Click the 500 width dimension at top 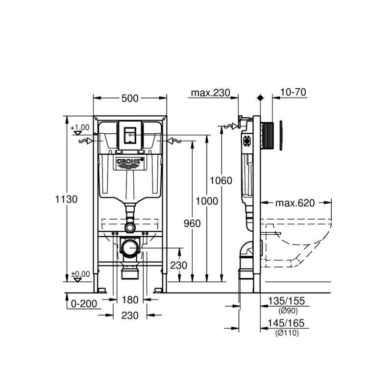tap(130, 98)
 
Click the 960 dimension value tap(192, 223)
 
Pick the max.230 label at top tap(210, 93)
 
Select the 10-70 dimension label tap(294, 93)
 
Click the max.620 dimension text tap(294, 202)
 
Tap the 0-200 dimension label tap(84, 304)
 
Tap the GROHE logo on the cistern tap(130, 161)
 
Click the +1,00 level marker tap(80, 127)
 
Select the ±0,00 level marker tap(80, 274)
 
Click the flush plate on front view tap(130, 134)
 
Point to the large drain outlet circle tap(130, 248)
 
